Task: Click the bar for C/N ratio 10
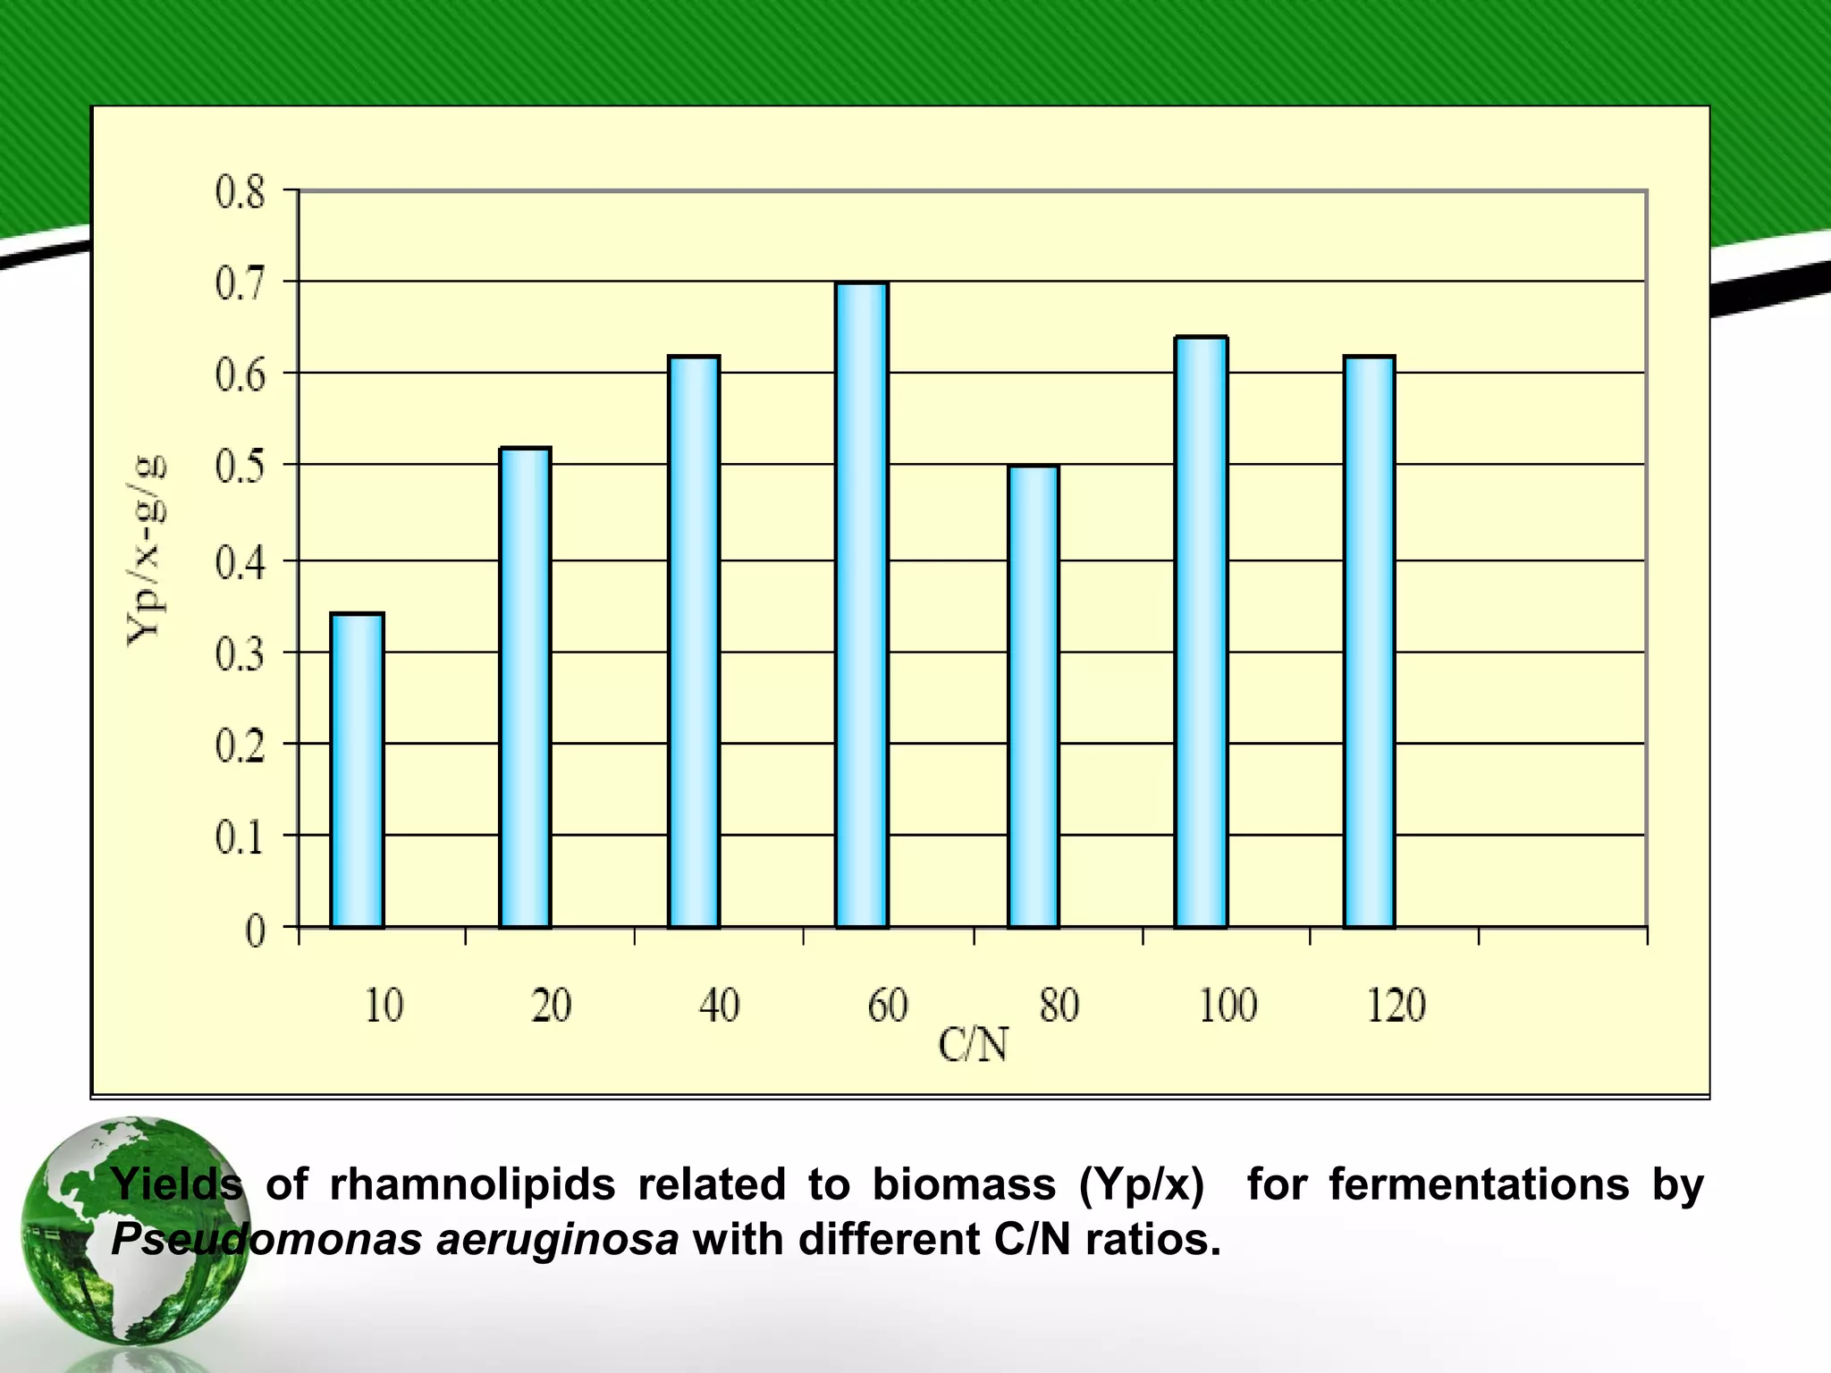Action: pyautogui.click(x=357, y=771)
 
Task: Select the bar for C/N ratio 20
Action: pyautogui.click(x=525, y=687)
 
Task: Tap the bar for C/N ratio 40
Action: pyautogui.click(x=694, y=642)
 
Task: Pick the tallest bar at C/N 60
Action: pyautogui.click(x=862, y=605)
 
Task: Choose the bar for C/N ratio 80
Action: pyautogui.click(x=1034, y=696)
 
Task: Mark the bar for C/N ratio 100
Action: pyautogui.click(x=1201, y=632)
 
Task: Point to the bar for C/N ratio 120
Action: pyautogui.click(x=1369, y=642)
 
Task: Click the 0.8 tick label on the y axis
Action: pyautogui.click(x=240, y=193)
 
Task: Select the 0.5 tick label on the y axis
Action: pyautogui.click(x=240, y=467)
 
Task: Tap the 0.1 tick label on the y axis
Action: pyautogui.click(x=240, y=838)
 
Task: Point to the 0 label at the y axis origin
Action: pyautogui.click(x=256, y=932)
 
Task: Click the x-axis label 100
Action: pyautogui.click(x=1228, y=1006)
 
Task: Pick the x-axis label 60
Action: pyautogui.click(x=888, y=1006)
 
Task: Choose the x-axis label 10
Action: pyautogui.click(x=384, y=1006)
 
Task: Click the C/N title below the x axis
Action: pyautogui.click(x=973, y=1045)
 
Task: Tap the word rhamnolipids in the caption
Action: pyautogui.click(x=472, y=1184)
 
